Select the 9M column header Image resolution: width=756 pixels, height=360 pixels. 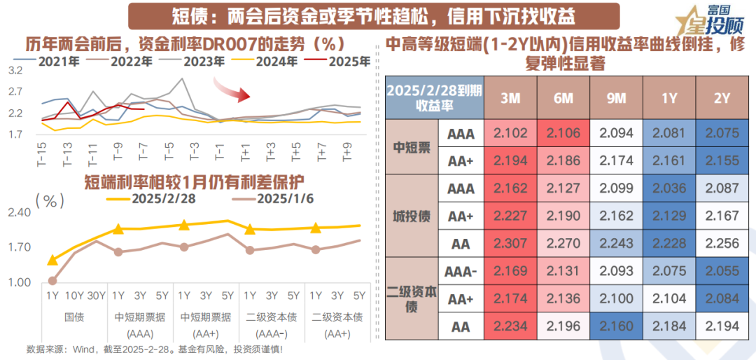click(x=616, y=99)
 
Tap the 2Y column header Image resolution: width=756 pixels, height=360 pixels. click(x=722, y=99)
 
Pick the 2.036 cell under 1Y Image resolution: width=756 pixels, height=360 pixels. click(x=669, y=188)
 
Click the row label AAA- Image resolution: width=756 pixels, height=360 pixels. click(x=461, y=271)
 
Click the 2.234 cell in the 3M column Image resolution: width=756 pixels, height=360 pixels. click(x=511, y=326)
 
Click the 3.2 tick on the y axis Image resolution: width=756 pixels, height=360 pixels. click(x=15, y=71)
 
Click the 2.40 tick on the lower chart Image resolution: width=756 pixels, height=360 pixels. click(x=20, y=212)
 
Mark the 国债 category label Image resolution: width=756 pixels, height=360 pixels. click(x=73, y=317)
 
